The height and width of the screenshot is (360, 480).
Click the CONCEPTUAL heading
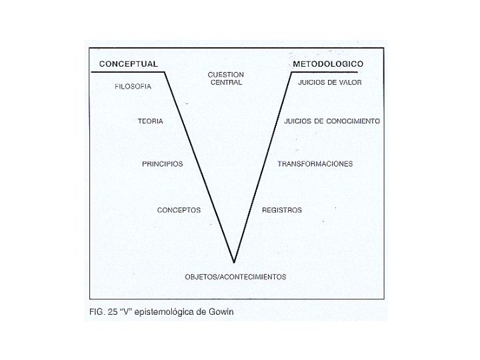(128, 64)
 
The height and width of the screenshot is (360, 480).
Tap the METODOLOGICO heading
(327, 64)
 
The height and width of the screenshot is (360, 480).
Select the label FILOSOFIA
(133, 87)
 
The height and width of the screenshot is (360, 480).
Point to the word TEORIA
(150, 121)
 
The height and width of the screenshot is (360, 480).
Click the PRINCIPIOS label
(162, 164)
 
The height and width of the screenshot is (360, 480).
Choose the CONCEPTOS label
(179, 210)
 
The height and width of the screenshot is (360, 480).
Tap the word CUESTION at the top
(225, 75)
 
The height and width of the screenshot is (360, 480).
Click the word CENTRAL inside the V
(225, 83)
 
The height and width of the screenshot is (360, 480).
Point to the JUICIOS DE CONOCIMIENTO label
(331, 121)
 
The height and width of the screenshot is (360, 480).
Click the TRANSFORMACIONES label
(315, 164)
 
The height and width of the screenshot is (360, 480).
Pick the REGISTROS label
(282, 210)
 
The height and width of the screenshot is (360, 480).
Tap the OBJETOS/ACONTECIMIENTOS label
(235, 277)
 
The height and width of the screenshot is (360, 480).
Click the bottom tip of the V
(234, 261)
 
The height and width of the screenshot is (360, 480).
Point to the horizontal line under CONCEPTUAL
(127, 71)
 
